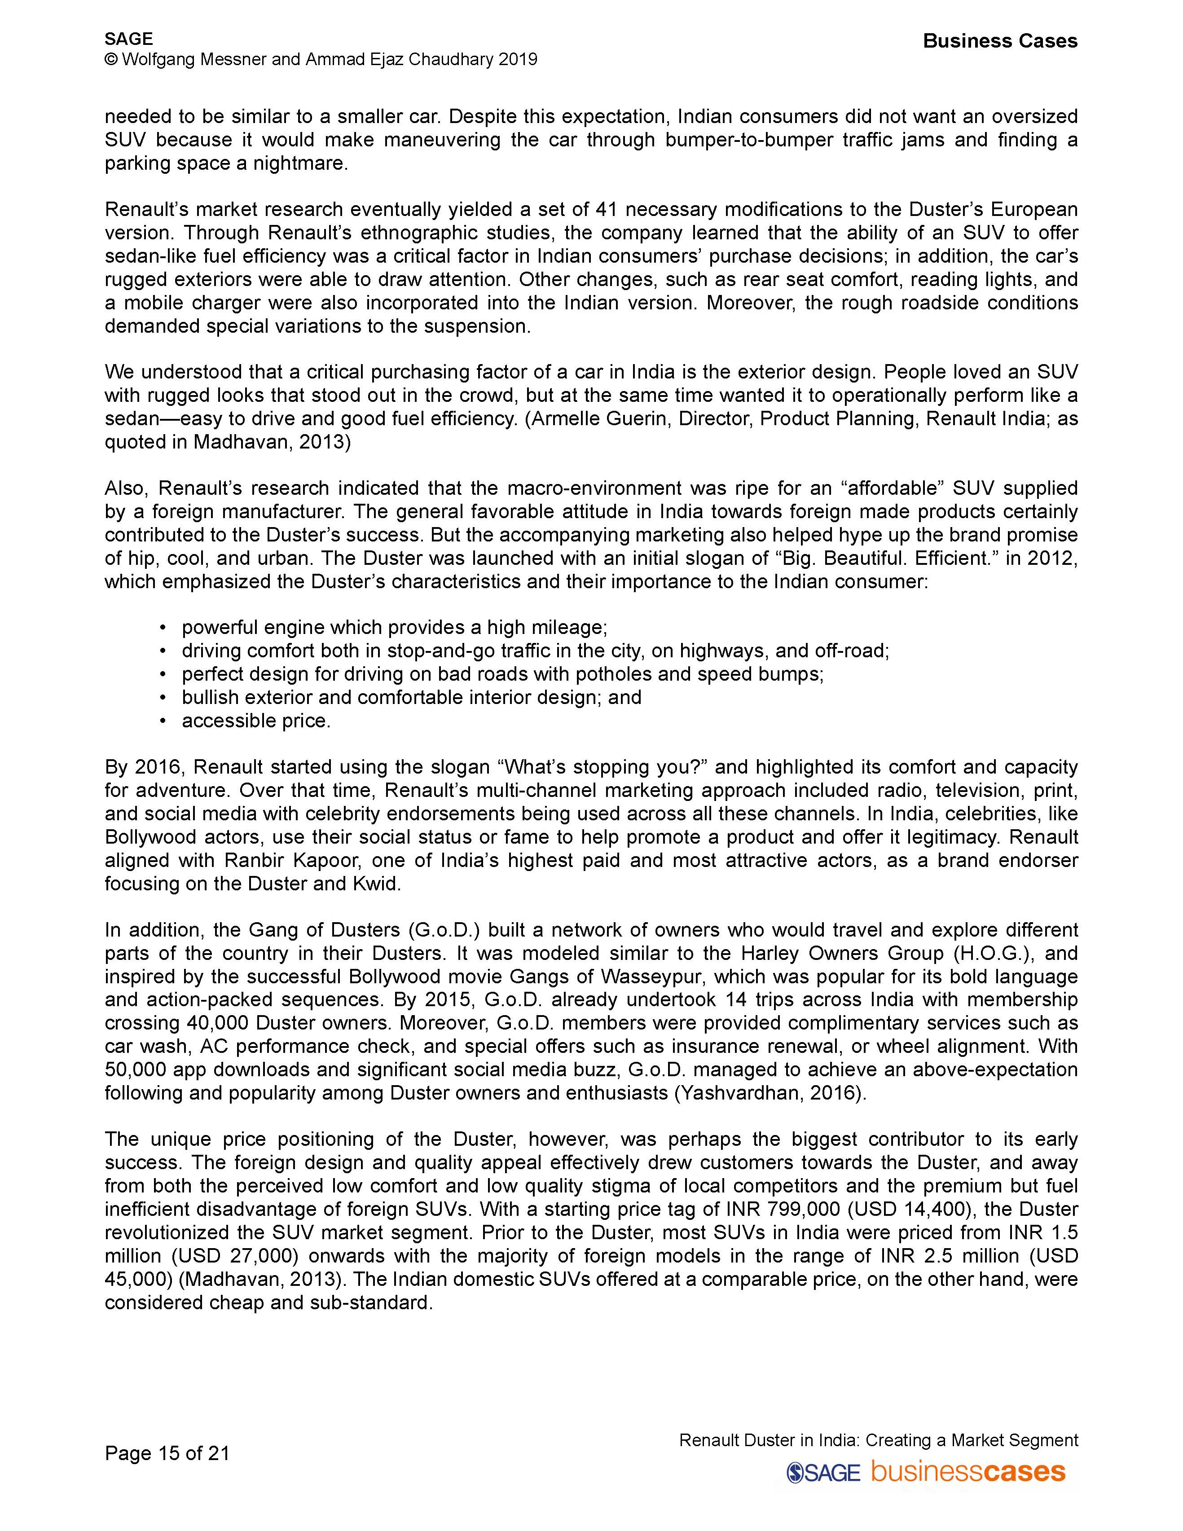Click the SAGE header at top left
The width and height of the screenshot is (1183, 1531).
pos(129,39)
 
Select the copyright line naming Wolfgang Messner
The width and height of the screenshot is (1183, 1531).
pos(321,60)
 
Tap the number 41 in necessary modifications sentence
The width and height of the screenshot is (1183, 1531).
pos(606,210)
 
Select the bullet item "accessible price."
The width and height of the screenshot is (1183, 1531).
pos(256,721)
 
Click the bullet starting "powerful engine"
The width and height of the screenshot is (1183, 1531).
pos(394,627)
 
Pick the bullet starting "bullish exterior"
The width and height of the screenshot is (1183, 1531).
pos(411,698)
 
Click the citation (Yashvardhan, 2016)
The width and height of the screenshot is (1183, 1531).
pos(769,1093)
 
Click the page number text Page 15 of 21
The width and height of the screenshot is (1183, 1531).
pos(167,1453)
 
